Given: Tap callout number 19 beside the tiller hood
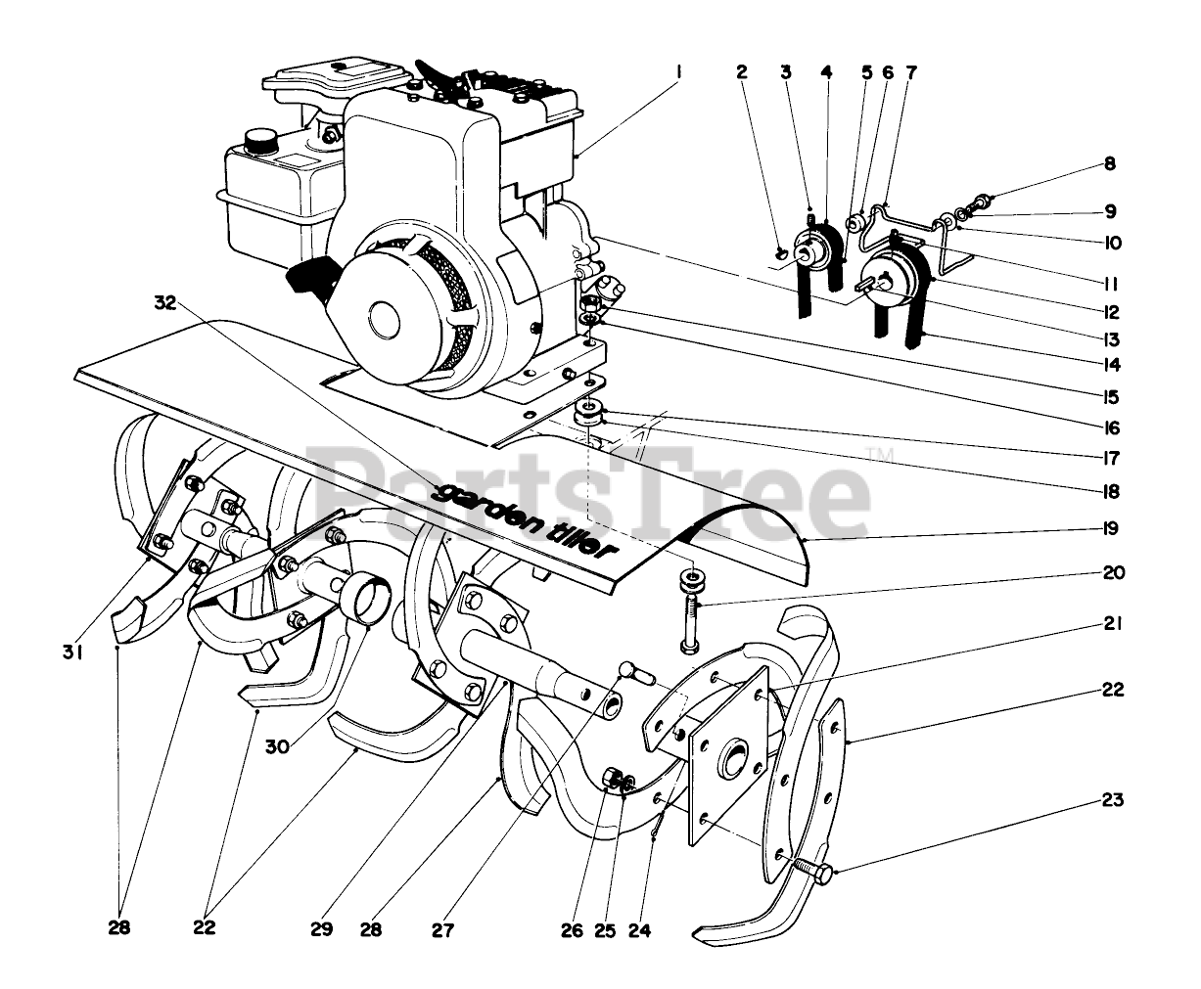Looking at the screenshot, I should point(1110,528).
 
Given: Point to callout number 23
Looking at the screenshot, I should point(1110,800).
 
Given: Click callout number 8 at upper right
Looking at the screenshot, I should point(1110,164).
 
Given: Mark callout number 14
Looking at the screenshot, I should point(1110,366).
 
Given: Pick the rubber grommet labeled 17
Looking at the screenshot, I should point(590,411).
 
